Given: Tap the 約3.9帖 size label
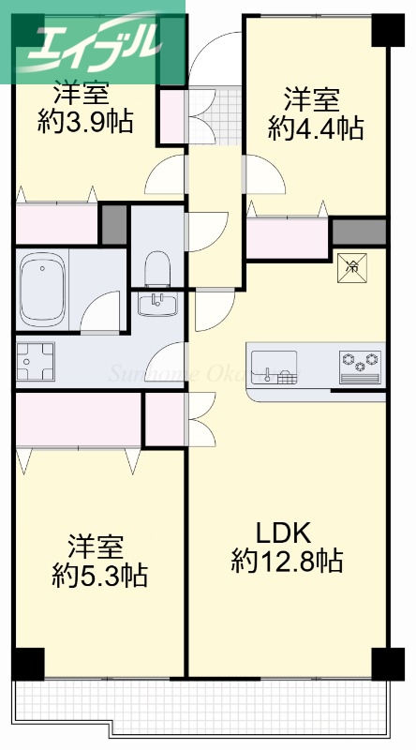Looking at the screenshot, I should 85,121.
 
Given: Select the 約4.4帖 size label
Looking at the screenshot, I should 315,127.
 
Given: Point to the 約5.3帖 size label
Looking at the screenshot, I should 99,575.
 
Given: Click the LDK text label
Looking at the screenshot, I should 284,533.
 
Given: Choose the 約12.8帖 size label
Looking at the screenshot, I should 287,562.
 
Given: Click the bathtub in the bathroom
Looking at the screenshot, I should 41,278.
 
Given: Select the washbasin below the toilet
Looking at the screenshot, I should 158,304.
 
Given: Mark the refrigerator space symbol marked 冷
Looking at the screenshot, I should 353,266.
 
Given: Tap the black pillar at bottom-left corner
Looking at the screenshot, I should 28,664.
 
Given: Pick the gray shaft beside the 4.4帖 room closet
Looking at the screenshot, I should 359,231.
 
